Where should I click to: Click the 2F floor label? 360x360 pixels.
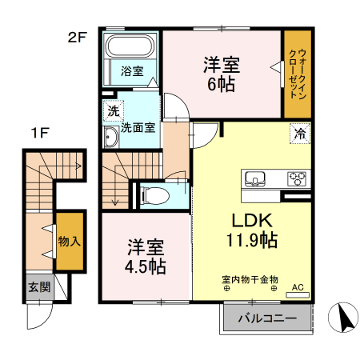[x=77, y=36]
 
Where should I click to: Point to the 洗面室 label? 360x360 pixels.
[x=138, y=127]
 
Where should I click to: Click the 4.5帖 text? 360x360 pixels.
[x=145, y=266]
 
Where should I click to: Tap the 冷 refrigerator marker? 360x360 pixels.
[x=298, y=134]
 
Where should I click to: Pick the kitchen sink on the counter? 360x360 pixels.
[x=255, y=178]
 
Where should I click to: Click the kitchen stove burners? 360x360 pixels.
[x=297, y=178]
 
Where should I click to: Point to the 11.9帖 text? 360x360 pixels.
[x=251, y=239]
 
